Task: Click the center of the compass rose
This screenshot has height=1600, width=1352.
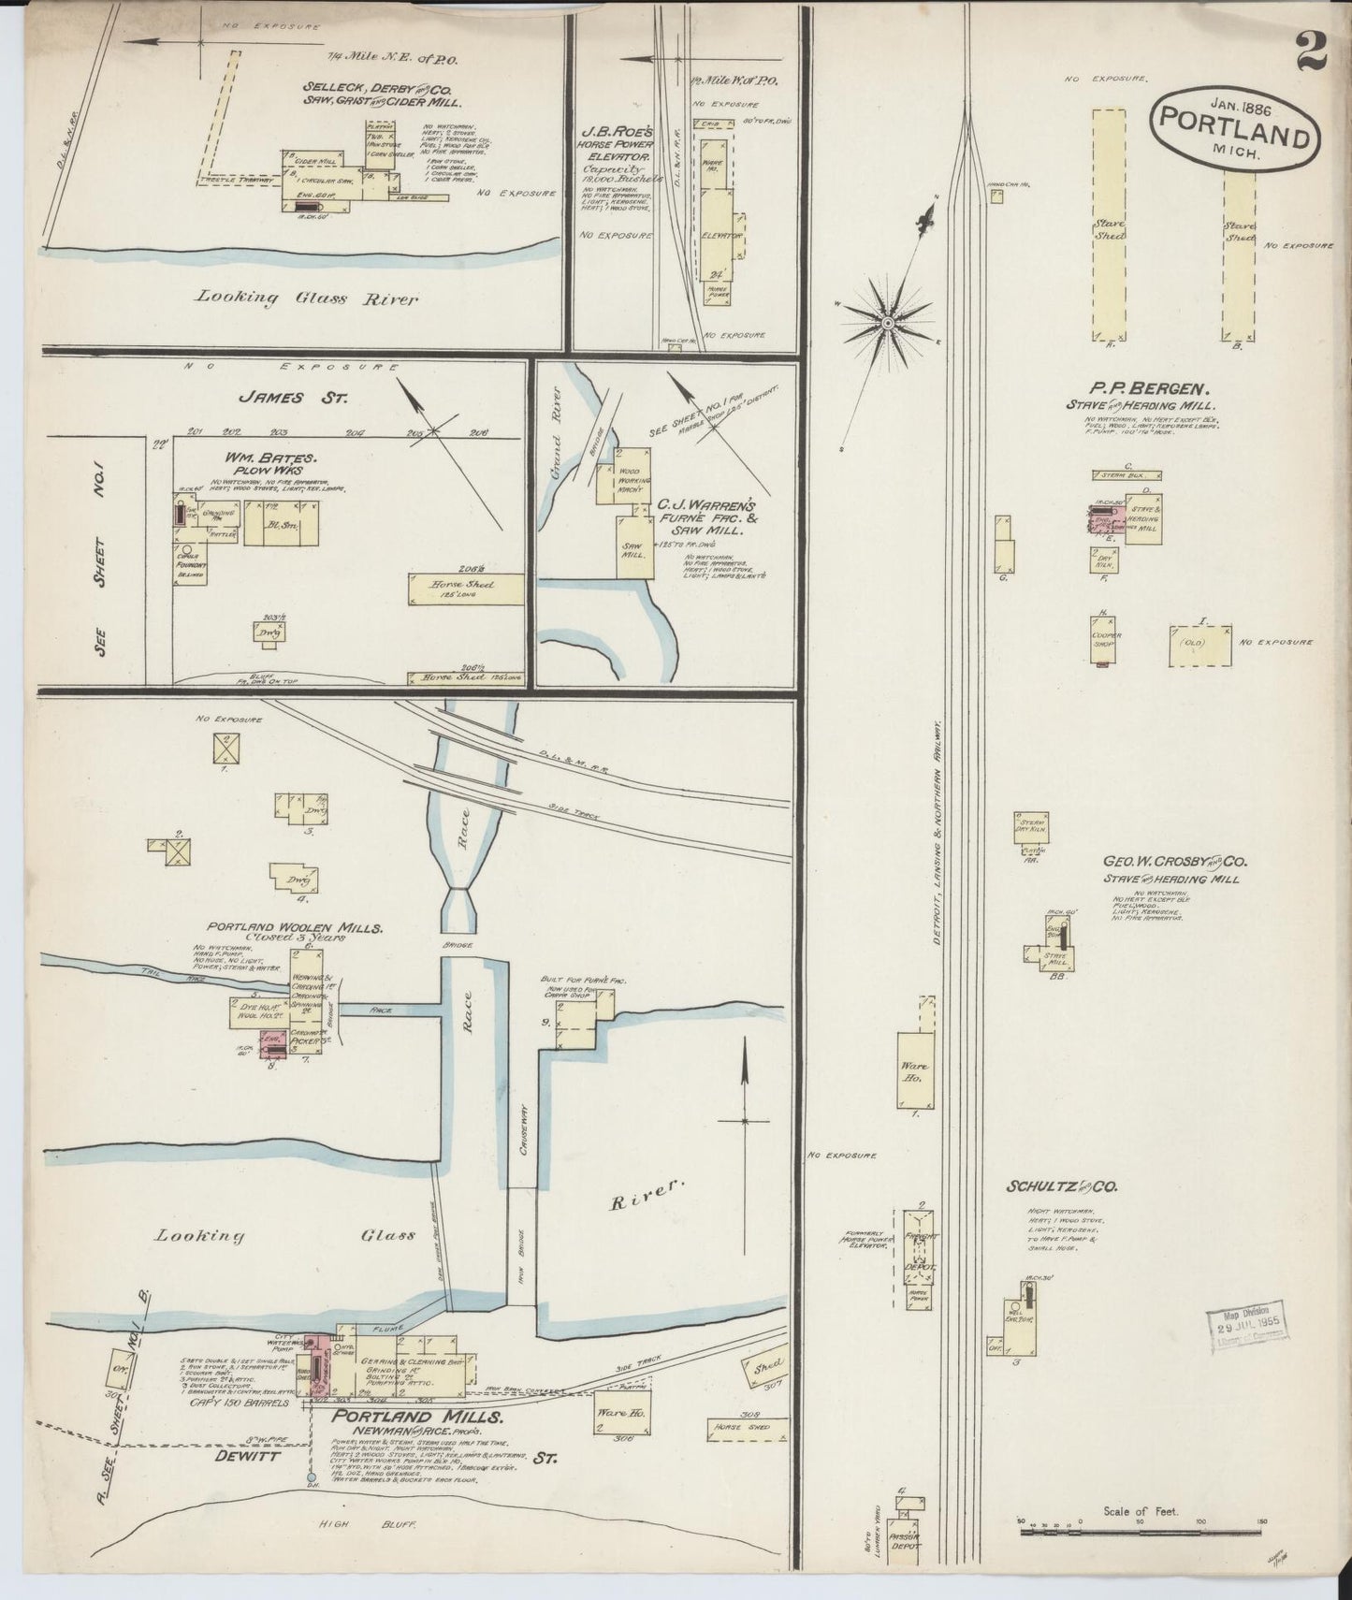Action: click(x=885, y=322)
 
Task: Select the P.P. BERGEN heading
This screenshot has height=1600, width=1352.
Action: click(x=1150, y=386)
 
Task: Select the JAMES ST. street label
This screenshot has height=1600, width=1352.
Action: click(x=293, y=397)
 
